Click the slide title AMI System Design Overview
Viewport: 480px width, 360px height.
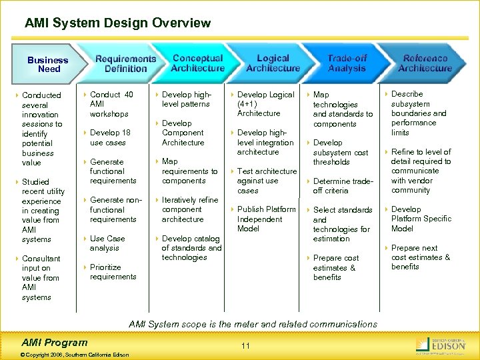click(x=118, y=23)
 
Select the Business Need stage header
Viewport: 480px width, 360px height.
click(x=48, y=64)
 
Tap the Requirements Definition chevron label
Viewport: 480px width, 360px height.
click(x=125, y=63)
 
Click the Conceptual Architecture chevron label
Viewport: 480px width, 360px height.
click(x=197, y=63)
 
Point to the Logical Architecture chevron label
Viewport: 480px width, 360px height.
click(x=273, y=63)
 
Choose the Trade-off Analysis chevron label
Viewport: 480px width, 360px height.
click(x=347, y=63)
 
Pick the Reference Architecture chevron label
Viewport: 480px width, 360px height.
click(x=425, y=63)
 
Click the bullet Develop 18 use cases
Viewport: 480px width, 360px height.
click(x=110, y=137)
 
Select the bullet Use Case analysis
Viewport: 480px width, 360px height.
click(x=107, y=243)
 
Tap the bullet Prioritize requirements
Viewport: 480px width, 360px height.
click(x=113, y=272)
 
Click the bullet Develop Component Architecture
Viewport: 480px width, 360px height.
click(x=183, y=133)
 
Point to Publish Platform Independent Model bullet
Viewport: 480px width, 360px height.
click(x=266, y=219)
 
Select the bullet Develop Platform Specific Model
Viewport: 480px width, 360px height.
click(x=421, y=219)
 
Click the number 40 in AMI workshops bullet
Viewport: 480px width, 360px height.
click(x=129, y=95)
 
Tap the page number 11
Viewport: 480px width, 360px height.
click(x=245, y=345)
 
